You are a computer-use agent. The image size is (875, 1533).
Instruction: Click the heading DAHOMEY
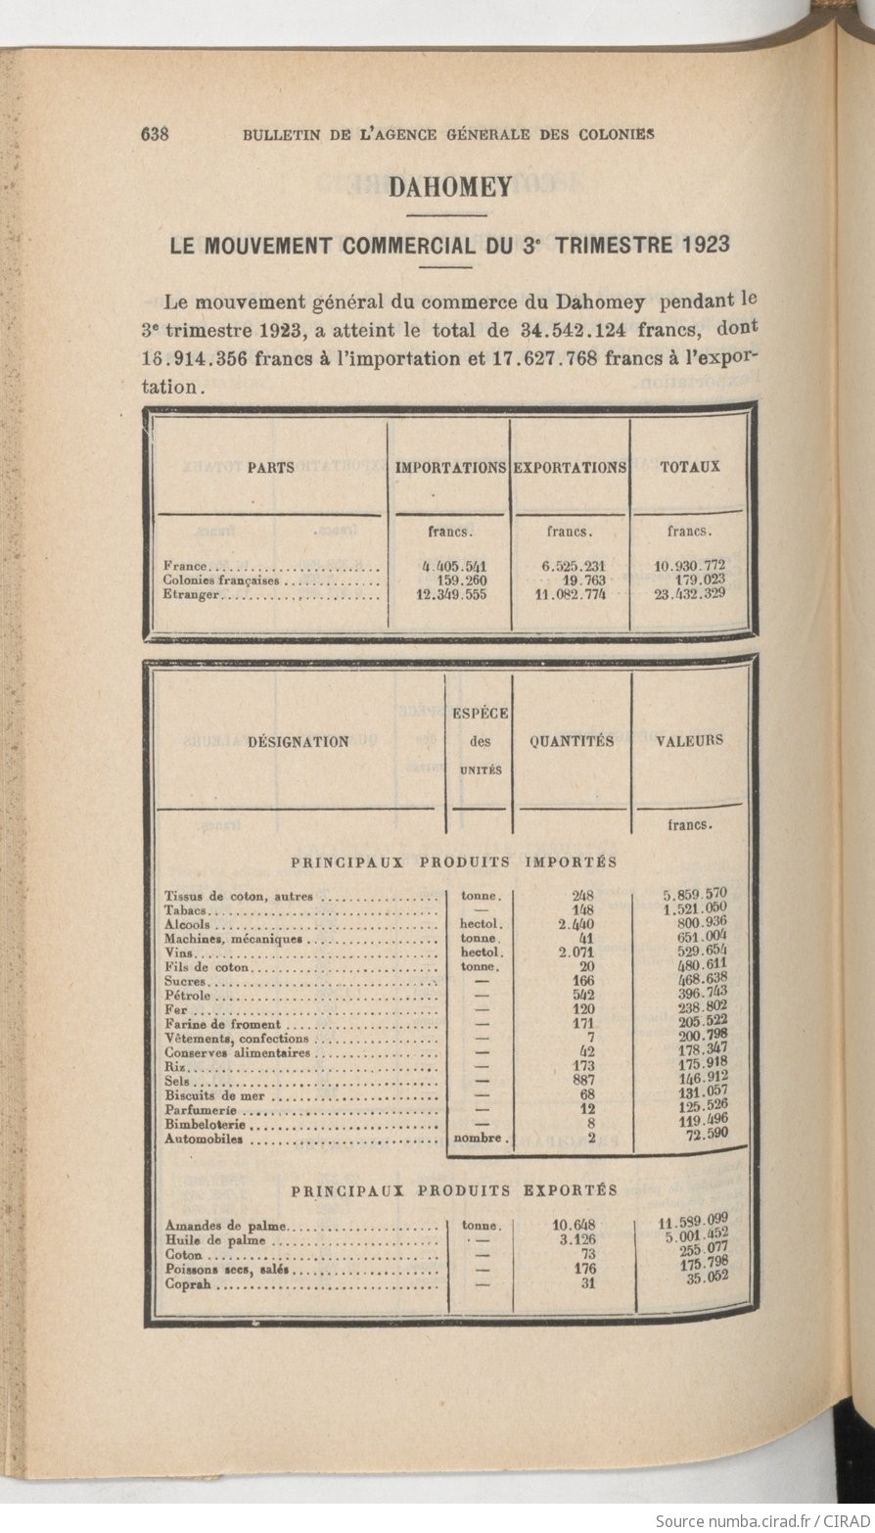coord(450,187)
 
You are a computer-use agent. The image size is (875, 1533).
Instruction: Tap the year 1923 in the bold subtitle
coord(700,245)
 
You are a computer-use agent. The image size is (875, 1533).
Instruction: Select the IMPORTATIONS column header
coord(450,468)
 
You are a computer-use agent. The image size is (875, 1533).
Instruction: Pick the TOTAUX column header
coord(690,468)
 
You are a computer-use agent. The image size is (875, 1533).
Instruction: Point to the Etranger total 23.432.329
coord(690,593)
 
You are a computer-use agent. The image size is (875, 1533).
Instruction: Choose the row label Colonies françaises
coord(221,580)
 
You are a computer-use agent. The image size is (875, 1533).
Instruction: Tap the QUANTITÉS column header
coord(572,741)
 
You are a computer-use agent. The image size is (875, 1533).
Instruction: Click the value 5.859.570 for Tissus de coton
coord(694,894)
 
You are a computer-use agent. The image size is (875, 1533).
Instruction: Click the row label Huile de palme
coord(215,1240)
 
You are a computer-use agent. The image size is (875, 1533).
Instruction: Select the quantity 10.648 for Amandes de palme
coord(574,1225)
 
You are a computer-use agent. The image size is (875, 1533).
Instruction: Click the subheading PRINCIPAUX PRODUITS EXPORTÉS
coord(454,1190)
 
